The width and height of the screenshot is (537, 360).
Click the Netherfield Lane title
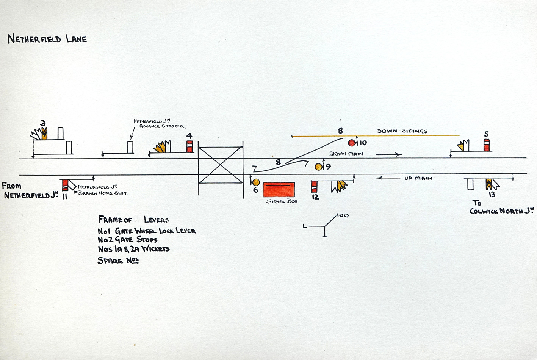pos(47,39)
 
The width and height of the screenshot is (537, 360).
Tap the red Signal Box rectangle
pos(279,190)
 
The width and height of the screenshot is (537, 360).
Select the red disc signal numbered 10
pos(352,143)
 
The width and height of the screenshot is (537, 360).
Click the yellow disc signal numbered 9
pos(319,167)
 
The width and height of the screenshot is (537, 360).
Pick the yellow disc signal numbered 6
pos(256,182)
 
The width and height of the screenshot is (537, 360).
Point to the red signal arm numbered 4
pos(189,146)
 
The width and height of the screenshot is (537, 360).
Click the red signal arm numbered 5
pos(487,145)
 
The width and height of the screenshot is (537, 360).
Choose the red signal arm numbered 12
pos(314,187)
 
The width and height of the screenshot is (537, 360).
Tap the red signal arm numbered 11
pos(65,185)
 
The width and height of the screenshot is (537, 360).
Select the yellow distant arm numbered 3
pos(44,134)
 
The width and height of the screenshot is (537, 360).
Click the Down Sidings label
pos(402,131)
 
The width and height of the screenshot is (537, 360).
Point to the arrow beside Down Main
pos(389,155)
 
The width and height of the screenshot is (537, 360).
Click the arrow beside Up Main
pos(388,178)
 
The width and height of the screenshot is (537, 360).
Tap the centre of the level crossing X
pos(220,165)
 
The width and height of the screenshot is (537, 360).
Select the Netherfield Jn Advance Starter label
pos(160,124)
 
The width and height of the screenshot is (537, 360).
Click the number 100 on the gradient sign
pos(343,215)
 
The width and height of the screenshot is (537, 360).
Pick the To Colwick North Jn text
pos(502,207)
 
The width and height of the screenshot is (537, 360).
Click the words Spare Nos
pos(118,260)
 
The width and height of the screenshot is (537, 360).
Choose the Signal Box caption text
pos(282,201)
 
